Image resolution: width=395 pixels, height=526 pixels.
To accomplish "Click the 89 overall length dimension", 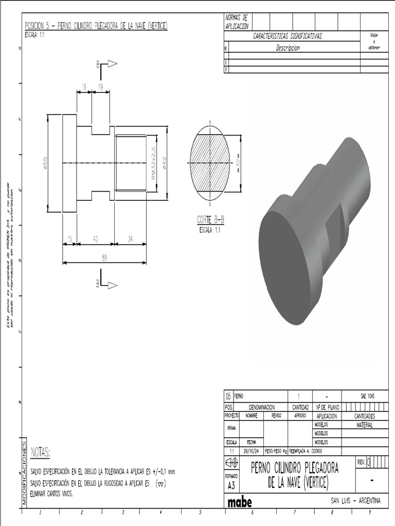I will (x=104, y=258).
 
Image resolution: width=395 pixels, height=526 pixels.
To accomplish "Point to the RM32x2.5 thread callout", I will (x=153, y=163).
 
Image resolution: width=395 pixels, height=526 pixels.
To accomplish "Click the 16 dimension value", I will (x=84, y=88).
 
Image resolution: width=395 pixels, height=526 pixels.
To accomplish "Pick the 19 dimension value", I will (x=101, y=88).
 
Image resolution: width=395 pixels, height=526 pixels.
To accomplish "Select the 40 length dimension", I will (x=95, y=239).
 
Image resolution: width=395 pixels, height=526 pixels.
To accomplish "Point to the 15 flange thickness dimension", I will (x=69, y=239).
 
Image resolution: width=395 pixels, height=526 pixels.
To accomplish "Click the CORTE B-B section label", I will (x=210, y=220).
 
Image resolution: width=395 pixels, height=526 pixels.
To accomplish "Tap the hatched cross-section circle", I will (x=210, y=163).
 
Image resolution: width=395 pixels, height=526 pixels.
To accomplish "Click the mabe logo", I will (x=240, y=501).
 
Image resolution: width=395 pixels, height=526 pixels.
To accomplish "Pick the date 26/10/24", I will (x=250, y=451).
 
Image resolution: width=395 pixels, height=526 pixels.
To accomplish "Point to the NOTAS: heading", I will (x=41, y=452).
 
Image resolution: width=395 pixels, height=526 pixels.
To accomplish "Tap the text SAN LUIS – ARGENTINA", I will (x=355, y=501).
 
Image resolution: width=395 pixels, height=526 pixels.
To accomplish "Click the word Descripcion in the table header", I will (x=288, y=48).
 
